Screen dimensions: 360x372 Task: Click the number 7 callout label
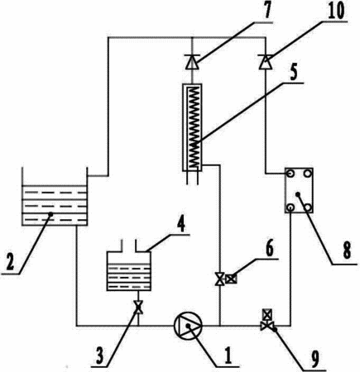(x=267, y=11)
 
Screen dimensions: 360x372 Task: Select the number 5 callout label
(x=295, y=72)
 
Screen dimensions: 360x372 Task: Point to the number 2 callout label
(x=11, y=262)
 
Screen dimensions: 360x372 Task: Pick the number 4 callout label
(x=180, y=225)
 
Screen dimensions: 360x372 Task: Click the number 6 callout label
(x=269, y=248)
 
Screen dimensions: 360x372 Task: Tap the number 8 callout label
(x=347, y=250)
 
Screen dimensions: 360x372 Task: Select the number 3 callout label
(x=99, y=355)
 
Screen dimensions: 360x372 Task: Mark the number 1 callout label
(x=228, y=355)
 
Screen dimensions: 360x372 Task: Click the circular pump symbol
(x=189, y=326)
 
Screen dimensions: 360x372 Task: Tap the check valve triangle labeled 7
(x=192, y=62)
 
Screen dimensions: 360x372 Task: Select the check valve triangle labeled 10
(x=266, y=62)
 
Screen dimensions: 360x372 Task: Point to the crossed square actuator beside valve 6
(x=231, y=279)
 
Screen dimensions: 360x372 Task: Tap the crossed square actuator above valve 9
(x=267, y=314)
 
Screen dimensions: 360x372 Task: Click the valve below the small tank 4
(x=138, y=308)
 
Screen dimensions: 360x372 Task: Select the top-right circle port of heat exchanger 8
(x=307, y=174)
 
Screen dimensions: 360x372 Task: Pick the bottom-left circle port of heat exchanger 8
(x=290, y=207)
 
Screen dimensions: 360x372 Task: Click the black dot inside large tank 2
(x=50, y=213)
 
